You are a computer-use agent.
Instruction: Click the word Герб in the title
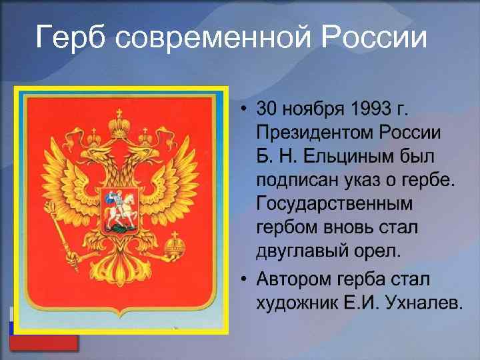tap(71, 37)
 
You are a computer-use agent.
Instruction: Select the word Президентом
tap(317, 132)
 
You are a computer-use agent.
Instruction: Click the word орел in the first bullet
tap(377, 253)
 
